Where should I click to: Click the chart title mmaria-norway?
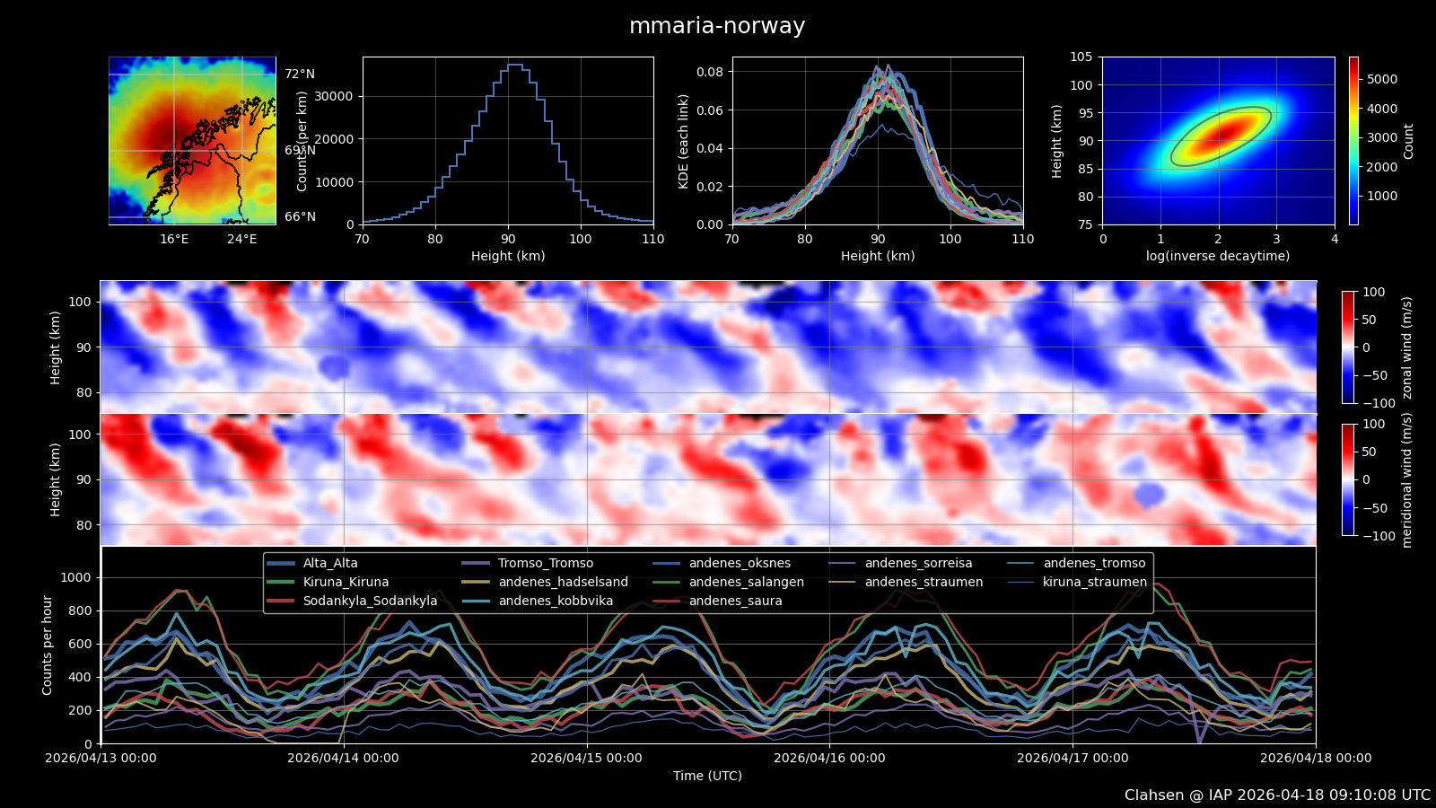[x=716, y=26]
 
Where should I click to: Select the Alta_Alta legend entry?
[x=329, y=563]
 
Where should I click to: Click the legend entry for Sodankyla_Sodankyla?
[x=370, y=601]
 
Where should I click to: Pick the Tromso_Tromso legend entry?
[x=545, y=563]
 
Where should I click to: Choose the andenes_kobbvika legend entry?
[x=556, y=601]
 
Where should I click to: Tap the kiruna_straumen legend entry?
[x=1094, y=582]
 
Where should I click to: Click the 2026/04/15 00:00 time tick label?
[x=586, y=758]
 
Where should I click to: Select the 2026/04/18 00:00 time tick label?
[x=1316, y=758]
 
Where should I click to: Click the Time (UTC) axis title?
[x=707, y=776]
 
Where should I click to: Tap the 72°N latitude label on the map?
[x=300, y=75]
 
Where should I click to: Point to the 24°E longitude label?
[x=241, y=239]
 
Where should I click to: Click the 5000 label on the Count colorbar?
[x=1382, y=79]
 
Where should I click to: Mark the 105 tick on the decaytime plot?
[x=1081, y=57]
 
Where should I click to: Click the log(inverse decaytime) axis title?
[x=1218, y=256]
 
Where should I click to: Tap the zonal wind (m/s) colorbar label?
[x=1406, y=347]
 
